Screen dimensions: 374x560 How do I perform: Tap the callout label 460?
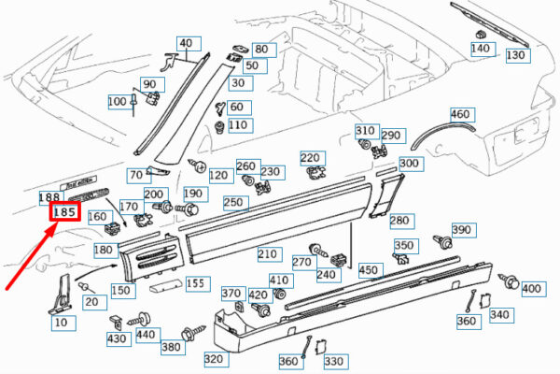pos(460,114)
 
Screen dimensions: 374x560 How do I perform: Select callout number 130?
pos(516,55)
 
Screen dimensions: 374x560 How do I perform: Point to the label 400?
pos(531,288)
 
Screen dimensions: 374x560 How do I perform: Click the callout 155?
pos(195,282)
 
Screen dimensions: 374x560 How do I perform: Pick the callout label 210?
pos(268,253)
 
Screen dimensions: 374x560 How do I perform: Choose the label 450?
pos(369,269)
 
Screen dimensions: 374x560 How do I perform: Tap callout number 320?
pos(214,358)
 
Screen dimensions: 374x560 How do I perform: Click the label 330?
pos(333,361)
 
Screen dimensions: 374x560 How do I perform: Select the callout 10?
pos(61,323)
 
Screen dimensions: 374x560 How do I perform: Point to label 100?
pos(118,101)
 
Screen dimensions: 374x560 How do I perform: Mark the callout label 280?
pos(399,221)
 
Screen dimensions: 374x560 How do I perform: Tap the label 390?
pos(462,230)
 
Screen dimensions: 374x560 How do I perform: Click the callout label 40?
pos(187,43)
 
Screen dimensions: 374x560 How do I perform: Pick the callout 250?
pos(234,203)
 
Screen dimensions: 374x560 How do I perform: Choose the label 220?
pos(309,158)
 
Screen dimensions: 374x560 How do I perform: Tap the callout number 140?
pos(481,48)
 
